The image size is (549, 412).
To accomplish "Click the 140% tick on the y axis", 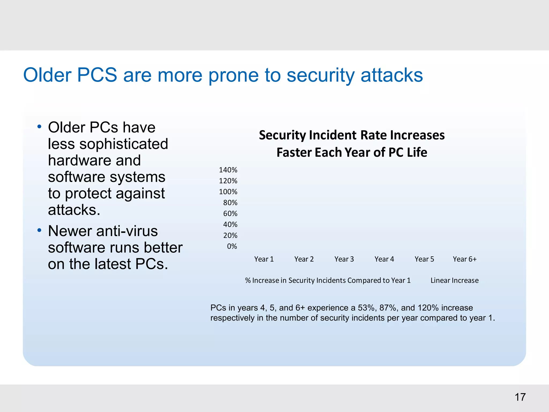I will tap(228, 170).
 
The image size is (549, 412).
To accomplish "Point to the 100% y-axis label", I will tap(228, 192).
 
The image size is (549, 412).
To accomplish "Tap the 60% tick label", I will tap(230, 214).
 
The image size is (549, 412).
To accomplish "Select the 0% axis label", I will tap(232, 247).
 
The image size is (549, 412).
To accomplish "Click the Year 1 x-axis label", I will tap(264, 259).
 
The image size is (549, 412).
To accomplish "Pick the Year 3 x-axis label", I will tap(344, 259).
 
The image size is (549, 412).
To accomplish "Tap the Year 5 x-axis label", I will tap(424, 259).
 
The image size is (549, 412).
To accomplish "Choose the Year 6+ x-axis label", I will tap(465, 259).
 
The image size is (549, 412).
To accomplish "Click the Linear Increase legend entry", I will tap(454, 281).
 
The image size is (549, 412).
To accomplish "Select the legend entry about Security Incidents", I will tap(328, 281).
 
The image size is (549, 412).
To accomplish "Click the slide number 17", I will tap(520, 397).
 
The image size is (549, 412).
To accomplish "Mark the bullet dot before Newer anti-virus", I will tap(39, 230).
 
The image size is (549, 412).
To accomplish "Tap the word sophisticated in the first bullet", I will tap(124, 144).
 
